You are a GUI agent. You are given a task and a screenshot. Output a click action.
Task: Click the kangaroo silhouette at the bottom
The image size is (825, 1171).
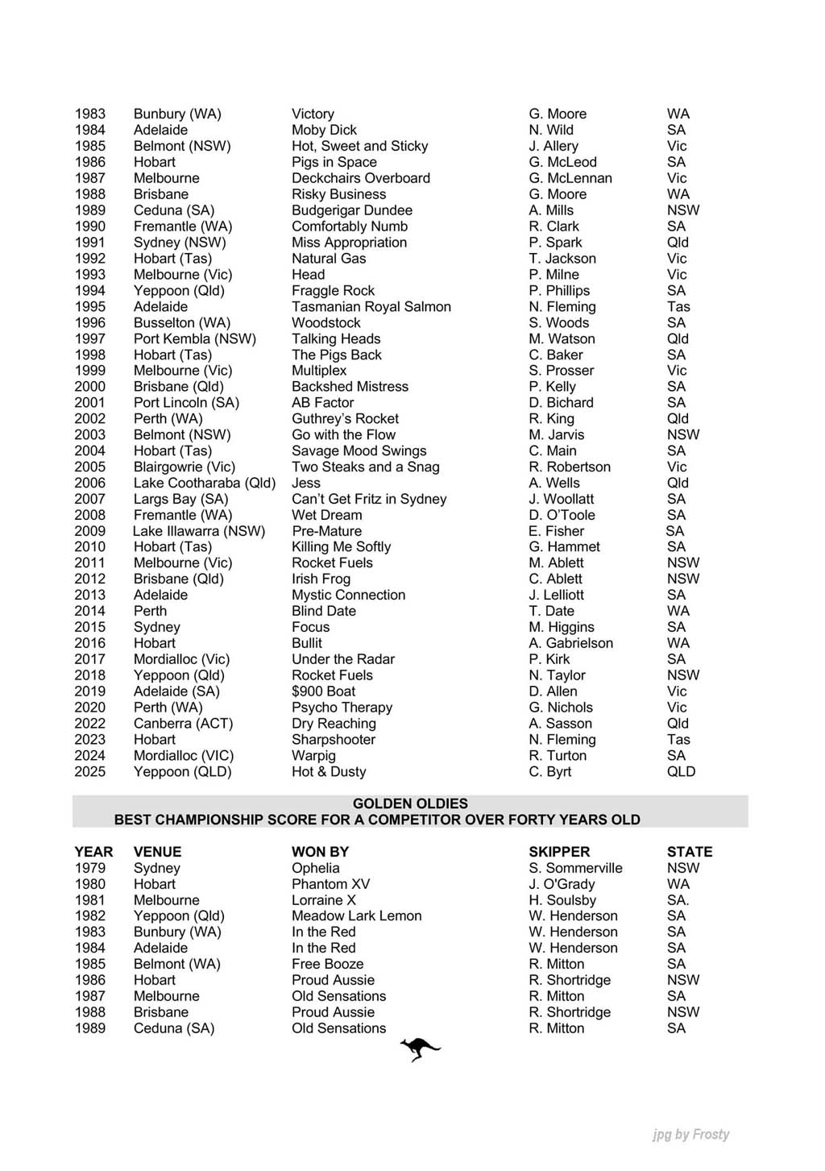[420, 1049]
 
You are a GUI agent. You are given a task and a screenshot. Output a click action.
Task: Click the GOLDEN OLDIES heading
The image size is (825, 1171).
[410, 804]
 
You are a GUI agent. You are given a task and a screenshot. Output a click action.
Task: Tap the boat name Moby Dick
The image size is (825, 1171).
[324, 130]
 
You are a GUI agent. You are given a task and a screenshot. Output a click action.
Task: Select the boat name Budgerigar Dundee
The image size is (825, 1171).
[351, 210]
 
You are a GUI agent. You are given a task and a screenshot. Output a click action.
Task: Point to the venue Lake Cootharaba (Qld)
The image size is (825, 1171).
[205, 483]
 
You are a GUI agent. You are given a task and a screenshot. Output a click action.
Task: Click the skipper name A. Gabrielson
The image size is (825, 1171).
[570, 643]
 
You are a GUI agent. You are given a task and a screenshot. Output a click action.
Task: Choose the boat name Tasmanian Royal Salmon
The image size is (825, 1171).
[371, 306]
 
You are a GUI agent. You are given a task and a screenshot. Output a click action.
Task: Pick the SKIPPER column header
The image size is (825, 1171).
[559, 852]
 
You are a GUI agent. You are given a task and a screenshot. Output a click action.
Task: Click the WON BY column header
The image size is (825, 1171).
[320, 852]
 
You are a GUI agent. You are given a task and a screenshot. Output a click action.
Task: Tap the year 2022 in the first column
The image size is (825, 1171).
[89, 724]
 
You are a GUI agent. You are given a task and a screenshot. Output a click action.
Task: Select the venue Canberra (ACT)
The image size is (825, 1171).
[183, 724]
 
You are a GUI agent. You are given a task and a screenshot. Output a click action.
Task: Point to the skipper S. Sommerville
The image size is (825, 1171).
[575, 868]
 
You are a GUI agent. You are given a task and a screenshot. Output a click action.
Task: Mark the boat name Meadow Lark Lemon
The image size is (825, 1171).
[356, 916]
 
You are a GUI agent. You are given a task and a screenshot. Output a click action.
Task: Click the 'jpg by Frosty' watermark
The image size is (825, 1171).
[690, 1135]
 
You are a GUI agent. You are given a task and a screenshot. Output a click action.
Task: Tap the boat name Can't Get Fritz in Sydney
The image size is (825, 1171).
[368, 499]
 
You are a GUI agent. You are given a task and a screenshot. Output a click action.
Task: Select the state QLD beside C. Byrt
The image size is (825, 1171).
[681, 771]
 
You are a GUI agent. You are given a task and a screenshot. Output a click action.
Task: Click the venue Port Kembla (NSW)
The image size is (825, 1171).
[194, 338]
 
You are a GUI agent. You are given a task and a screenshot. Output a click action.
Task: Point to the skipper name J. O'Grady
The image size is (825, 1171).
[562, 884]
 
